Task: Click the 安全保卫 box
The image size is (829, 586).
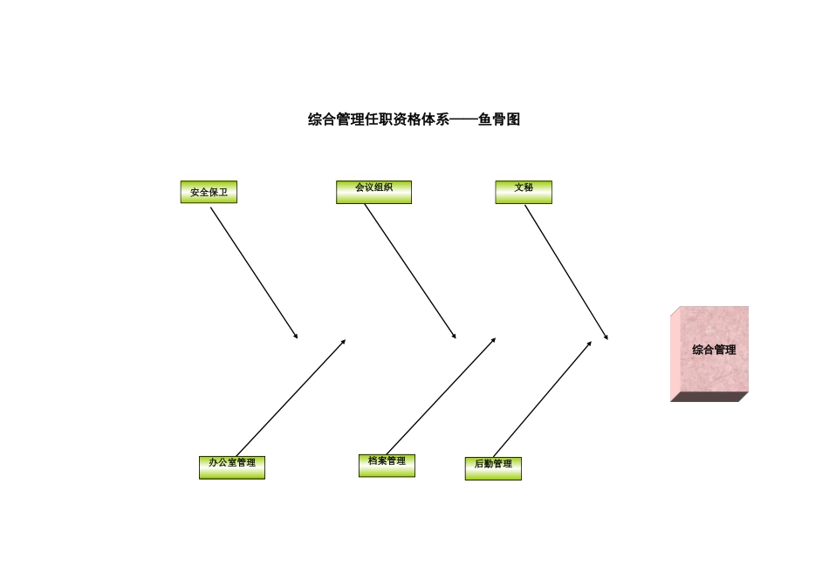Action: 209,192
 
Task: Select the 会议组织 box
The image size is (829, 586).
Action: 373,192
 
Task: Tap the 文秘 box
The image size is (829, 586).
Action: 524,192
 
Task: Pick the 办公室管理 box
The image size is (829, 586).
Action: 231,467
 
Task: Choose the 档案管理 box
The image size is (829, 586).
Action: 387,466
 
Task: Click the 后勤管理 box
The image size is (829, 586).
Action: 493,468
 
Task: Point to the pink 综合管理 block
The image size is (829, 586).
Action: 713,349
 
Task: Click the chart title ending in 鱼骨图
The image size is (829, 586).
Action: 414,120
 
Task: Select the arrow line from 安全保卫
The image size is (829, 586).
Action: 253,272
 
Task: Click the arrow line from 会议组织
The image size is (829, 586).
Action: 410,271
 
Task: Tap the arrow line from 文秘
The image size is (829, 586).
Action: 565,271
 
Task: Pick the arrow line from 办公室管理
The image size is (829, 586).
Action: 291,398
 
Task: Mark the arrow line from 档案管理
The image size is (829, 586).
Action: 441,396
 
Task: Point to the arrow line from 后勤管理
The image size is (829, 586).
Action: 542,399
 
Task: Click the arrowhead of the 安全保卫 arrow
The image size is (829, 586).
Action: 297,337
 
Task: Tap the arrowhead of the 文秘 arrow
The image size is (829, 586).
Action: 606,337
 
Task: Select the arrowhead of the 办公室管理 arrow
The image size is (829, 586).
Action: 344,341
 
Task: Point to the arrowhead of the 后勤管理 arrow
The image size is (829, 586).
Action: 590,342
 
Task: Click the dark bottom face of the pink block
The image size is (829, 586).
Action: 709,397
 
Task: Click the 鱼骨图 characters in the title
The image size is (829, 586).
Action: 499,120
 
